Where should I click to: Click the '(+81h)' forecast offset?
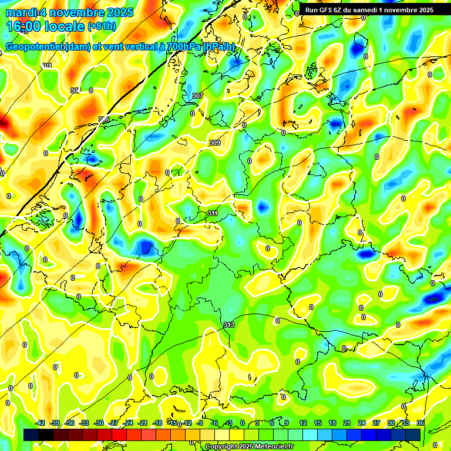pos(101,26)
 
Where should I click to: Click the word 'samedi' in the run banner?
pos(368,10)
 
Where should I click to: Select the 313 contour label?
pos(228,325)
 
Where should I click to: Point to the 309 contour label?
pos(214,143)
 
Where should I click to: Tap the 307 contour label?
pos(197,96)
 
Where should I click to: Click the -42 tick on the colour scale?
pos(41,423)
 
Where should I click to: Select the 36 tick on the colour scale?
pos(420,423)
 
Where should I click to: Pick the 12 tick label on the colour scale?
pos(302,423)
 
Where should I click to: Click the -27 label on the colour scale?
pos(114,423)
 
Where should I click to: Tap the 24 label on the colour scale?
pos(361,423)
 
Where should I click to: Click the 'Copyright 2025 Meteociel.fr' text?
pos(249,446)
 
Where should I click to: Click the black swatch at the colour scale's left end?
pos(31,434)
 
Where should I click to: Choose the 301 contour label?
pos(47,65)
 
